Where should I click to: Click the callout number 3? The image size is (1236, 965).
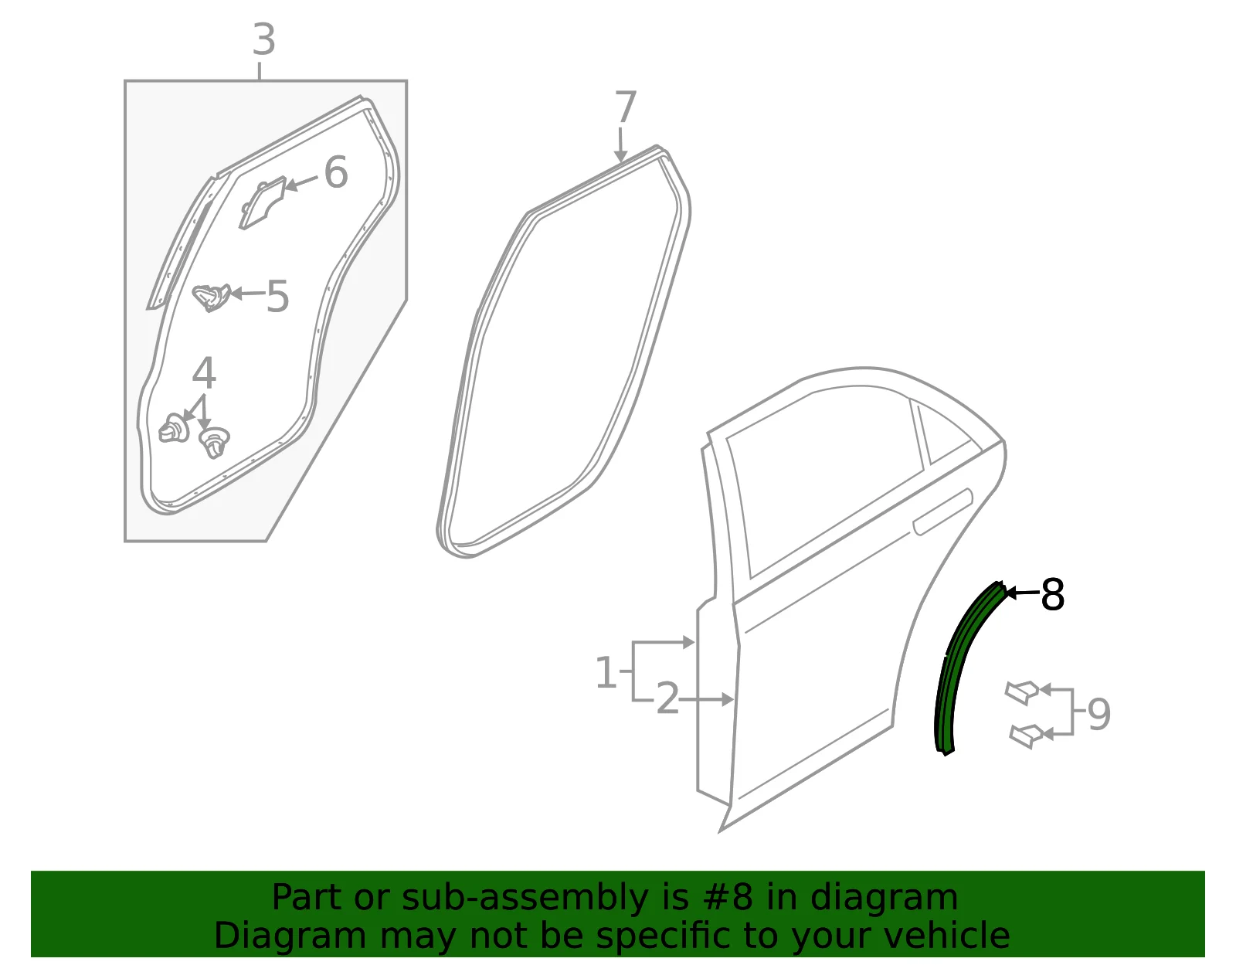tap(264, 40)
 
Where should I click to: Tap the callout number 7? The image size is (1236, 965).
tap(625, 107)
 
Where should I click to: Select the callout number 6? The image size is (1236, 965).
tap(335, 172)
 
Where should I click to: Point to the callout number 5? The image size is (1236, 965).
tap(277, 296)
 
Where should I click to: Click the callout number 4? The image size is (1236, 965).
tap(204, 372)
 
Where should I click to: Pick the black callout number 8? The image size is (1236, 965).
tap(1051, 594)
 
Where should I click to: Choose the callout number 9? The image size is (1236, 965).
tap(1099, 714)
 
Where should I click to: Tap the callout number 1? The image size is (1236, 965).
tap(606, 672)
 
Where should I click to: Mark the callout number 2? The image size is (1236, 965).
tap(667, 699)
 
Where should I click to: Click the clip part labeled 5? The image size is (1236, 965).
tap(211, 297)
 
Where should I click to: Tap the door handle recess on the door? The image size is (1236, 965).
tap(942, 511)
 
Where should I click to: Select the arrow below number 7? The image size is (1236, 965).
tap(620, 144)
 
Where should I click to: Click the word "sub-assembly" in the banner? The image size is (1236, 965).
tap(525, 897)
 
